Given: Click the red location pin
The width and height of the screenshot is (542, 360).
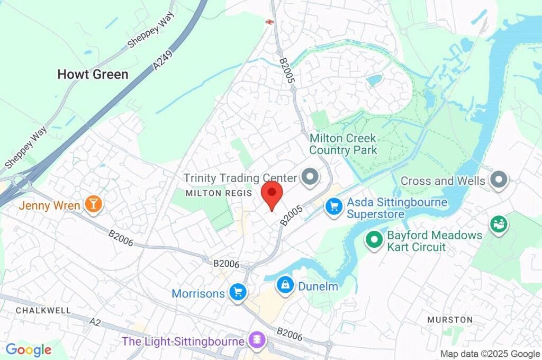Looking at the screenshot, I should [272, 194].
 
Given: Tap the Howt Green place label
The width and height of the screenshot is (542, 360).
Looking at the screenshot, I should [93, 75].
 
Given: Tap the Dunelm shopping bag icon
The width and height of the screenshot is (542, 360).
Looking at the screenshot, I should [285, 286].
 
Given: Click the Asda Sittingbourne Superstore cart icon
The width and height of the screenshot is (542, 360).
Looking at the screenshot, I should [333, 206].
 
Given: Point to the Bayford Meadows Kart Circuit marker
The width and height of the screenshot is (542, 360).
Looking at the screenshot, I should [374, 240].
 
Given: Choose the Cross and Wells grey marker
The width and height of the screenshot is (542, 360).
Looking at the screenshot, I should [499, 181].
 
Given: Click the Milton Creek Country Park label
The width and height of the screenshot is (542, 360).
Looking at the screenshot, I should [343, 144].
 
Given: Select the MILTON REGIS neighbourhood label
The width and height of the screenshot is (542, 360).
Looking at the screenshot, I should [219, 193].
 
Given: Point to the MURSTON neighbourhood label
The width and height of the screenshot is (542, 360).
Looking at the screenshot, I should [450, 320].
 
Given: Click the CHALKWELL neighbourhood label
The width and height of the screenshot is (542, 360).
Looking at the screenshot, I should [36, 310].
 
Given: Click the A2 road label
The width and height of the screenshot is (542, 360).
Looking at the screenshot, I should [95, 321].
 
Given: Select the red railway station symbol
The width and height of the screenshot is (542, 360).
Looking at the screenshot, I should [269, 22].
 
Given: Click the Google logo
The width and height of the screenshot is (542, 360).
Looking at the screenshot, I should [29, 350].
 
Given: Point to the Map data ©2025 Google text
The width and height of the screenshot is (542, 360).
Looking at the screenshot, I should [490, 354].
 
